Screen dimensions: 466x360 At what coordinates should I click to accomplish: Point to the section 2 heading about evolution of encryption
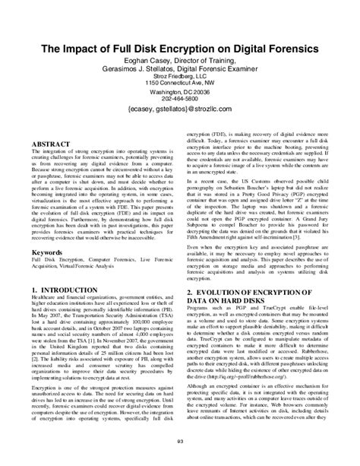click(x=251, y=296)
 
